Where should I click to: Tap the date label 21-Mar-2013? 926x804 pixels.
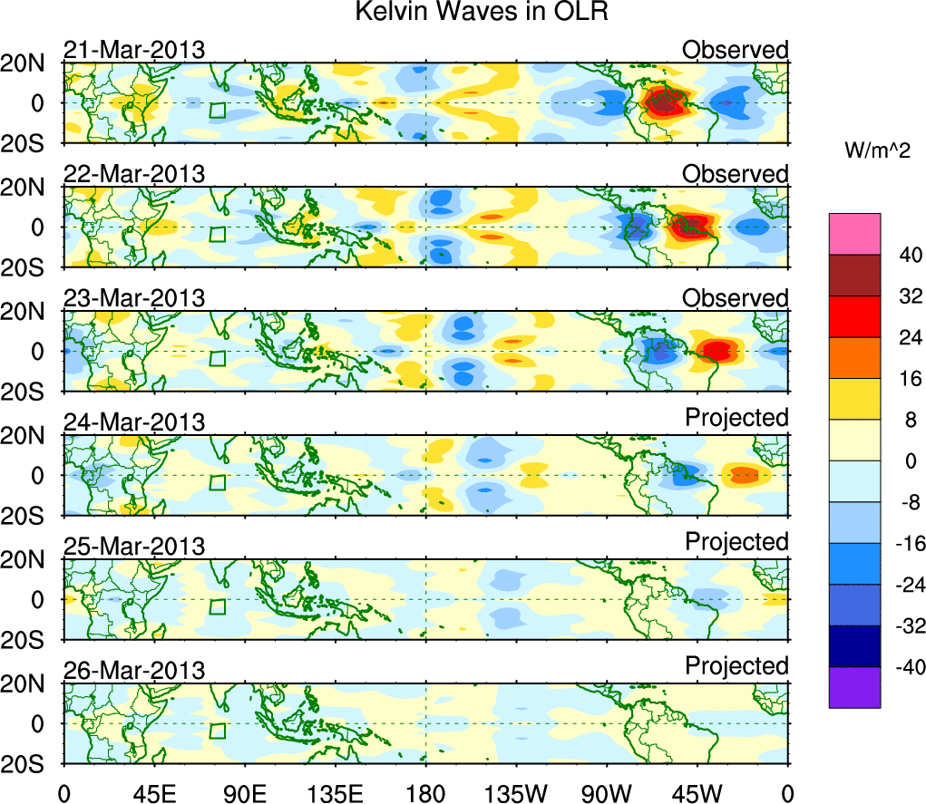134,50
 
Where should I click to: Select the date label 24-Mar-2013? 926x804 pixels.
134,421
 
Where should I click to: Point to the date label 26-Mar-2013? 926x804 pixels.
134,670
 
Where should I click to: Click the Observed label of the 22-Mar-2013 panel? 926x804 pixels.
736,173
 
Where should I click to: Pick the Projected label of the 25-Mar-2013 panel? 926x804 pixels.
736,542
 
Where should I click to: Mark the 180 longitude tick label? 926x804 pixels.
425,792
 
